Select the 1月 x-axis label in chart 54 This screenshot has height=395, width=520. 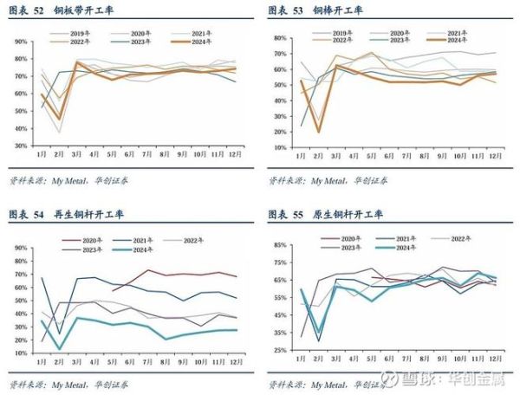click(x=42, y=361)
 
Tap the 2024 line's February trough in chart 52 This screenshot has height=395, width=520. click(x=60, y=119)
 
